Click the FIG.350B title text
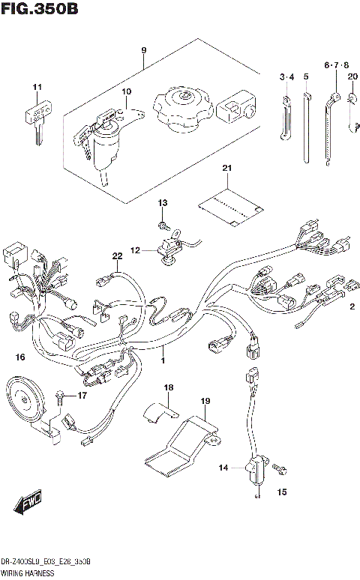[40, 9]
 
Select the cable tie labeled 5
[307, 127]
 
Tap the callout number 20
[352, 76]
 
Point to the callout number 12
[135, 250]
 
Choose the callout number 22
[117, 257]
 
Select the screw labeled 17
[59, 395]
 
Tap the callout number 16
[20, 356]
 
